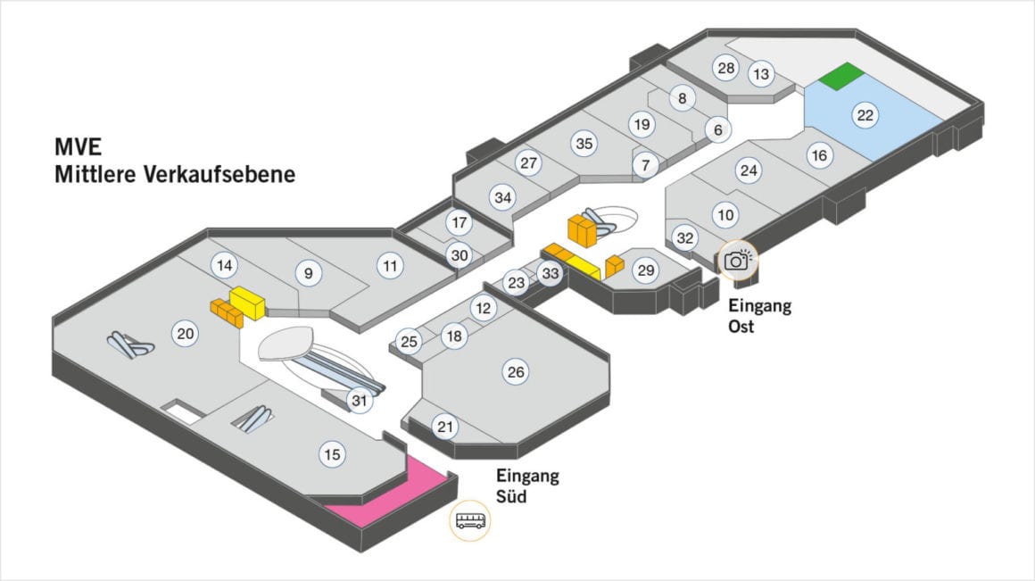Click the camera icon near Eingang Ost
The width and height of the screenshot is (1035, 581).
point(736,260)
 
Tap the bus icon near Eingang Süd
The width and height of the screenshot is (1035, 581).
point(471,521)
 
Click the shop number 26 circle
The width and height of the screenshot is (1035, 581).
point(515,372)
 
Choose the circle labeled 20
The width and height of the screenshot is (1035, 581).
point(186,335)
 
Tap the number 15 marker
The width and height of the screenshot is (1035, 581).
point(332,455)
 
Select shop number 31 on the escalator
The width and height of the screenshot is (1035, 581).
point(359,402)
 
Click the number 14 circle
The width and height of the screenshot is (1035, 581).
point(224,265)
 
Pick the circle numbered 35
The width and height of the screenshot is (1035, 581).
point(584,143)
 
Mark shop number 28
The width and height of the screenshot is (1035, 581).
point(726,68)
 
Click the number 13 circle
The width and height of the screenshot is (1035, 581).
point(761,74)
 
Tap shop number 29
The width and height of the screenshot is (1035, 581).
point(645,270)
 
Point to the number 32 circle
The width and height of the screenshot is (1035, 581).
point(685,238)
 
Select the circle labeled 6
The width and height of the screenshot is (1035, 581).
point(717,129)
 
